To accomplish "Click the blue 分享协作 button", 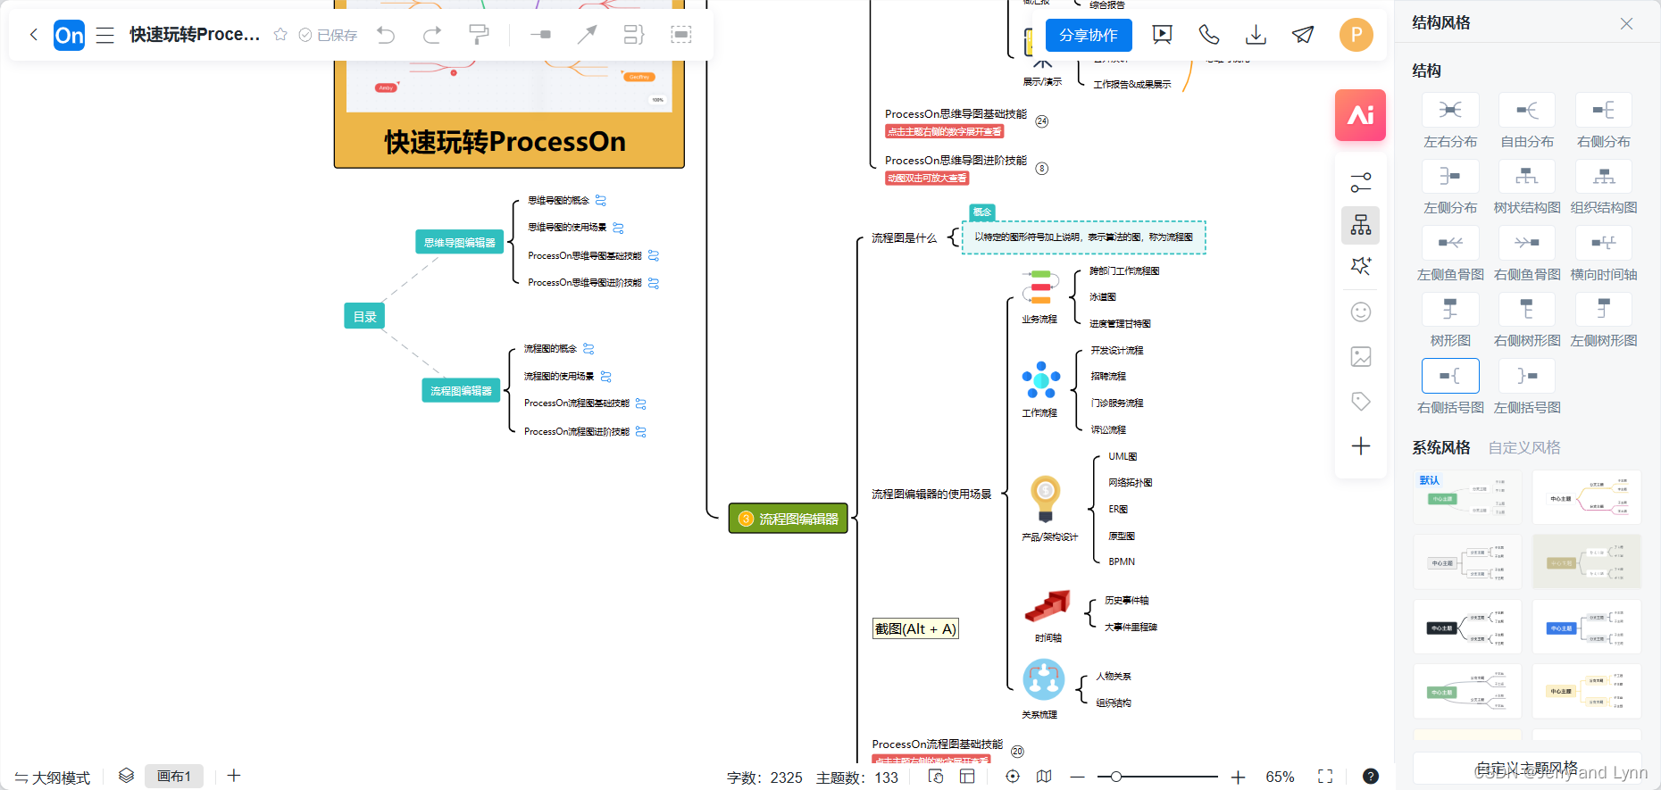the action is [x=1088, y=36].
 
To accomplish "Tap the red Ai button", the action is [x=1360, y=115].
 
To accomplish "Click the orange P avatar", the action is [x=1356, y=35].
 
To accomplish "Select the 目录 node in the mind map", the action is [x=364, y=316].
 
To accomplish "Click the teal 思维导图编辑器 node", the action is [x=459, y=242].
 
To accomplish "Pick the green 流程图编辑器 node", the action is [x=789, y=519].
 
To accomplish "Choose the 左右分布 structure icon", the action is [x=1450, y=111].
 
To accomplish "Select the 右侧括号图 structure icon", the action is [x=1450, y=377].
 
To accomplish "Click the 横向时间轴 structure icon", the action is [x=1603, y=244].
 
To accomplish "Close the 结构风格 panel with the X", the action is [x=1626, y=24].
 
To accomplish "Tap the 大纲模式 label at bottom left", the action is [x=54, y=778].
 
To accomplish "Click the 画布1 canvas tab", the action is [x=174, y=777].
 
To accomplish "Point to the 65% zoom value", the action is [x=1280, y=777].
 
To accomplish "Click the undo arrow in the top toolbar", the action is [x=386, y=35].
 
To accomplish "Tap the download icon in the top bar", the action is [x=1256, y=35].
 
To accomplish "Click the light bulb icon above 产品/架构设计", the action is [x=1045, y=498].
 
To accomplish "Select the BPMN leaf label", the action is [x=1122, y=562].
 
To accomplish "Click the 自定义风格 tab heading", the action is [x=1524, y=447].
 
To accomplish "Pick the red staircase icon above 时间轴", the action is [x=1047, y=606].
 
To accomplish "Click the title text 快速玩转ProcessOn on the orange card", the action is [x=505, y=142].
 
